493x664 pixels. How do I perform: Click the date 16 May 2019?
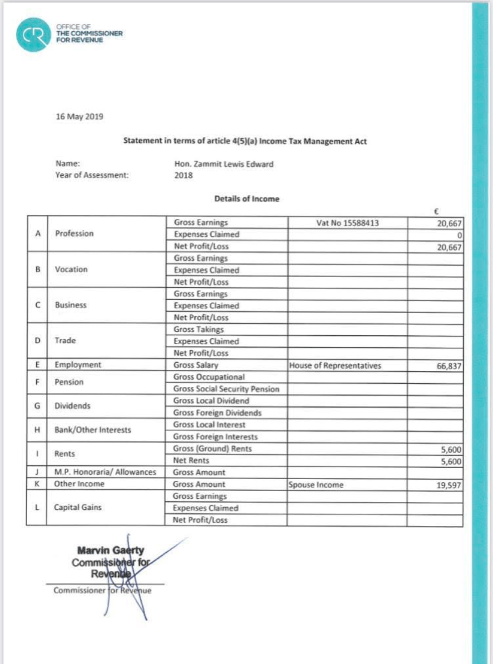tap(80, 116)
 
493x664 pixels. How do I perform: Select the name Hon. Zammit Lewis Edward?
tap(224, 164)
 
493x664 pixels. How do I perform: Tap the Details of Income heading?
tap(247, 199)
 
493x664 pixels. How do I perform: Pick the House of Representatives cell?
tap(335, 365)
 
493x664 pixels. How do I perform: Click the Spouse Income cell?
tap(316, 485)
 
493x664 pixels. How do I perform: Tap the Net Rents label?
tap(191, 460)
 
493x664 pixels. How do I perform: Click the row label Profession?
tap(74, 234)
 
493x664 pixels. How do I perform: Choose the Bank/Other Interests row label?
tap(93, 431)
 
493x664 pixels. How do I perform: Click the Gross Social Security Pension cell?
tap(227, 389)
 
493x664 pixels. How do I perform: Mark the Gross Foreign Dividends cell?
tap(217, 413)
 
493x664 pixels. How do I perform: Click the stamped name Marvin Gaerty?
tap(111, 550)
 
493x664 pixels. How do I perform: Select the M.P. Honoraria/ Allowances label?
tap(106, 472)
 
